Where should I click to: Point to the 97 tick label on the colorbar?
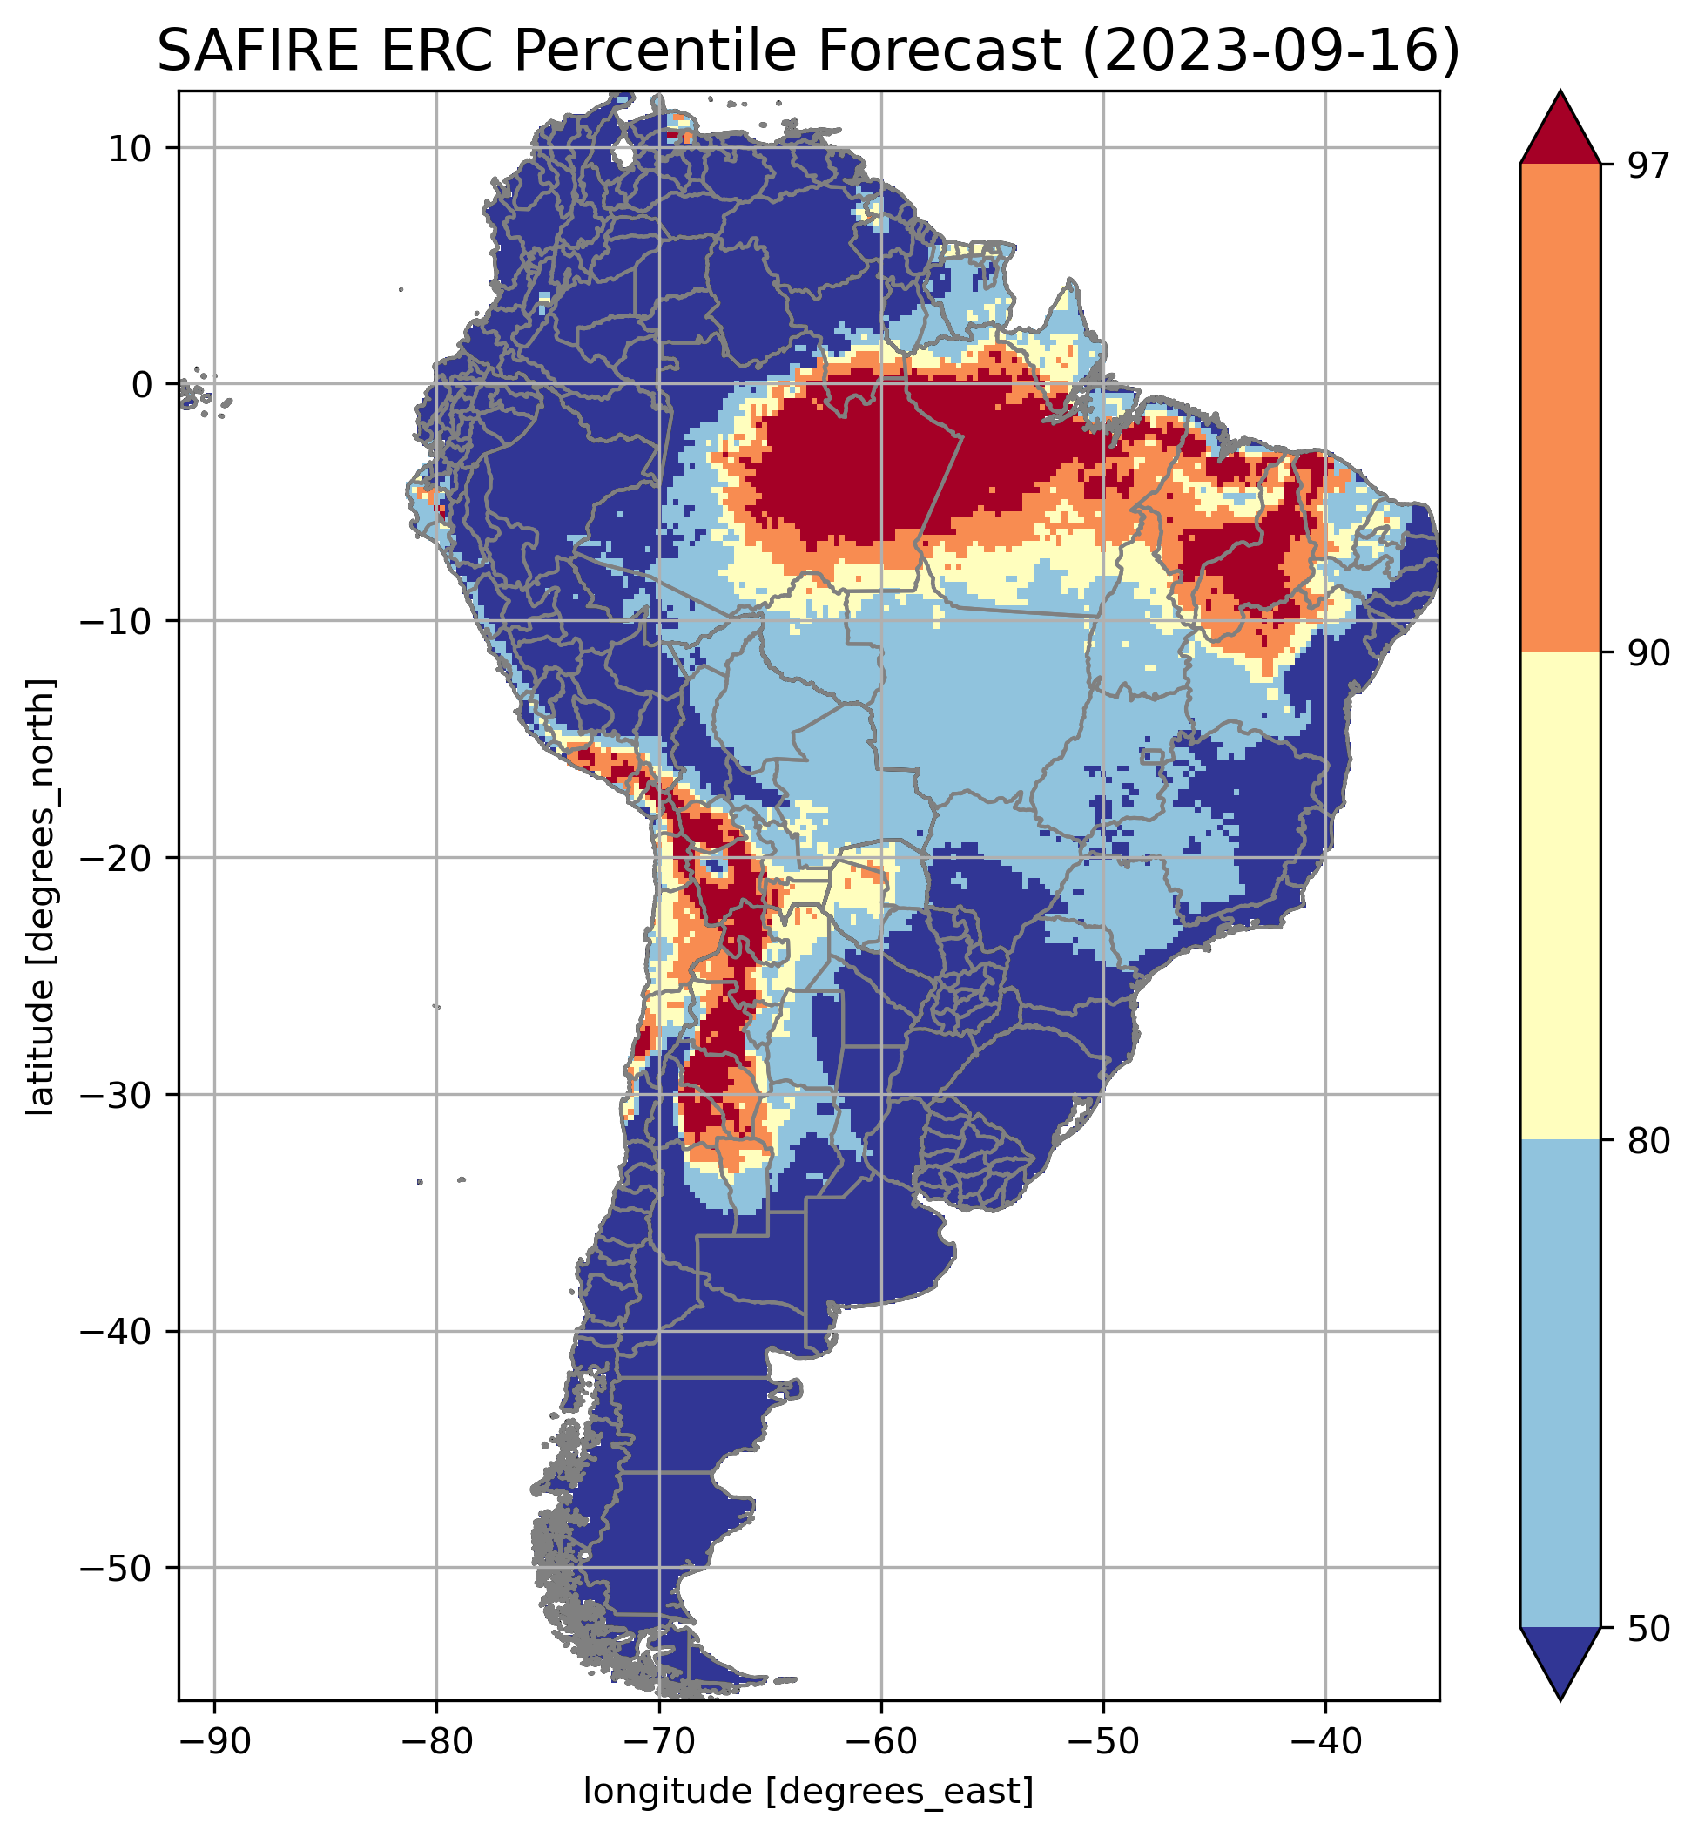[1644, 166]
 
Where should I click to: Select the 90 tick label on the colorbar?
[1644, 653]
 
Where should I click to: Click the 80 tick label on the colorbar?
[1644, 1141]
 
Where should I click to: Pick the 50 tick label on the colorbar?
[1644, 1630]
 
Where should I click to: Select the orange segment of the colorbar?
[1560, 409]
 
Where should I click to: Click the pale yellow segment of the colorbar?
[1560, 896]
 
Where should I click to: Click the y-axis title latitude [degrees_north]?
[41, 897]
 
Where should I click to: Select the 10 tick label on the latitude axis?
[131, 148]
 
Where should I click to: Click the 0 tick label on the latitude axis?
[143, 385]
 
